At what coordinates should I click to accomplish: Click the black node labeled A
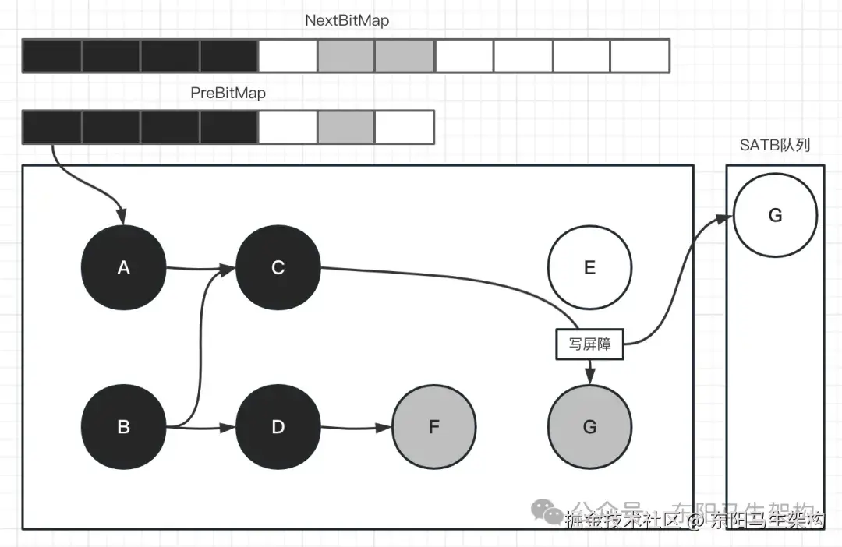click(x=123, y=268)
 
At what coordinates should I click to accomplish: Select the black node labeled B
click(x=123, y=427)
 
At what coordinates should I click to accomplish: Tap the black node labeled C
click(x=278, y=268)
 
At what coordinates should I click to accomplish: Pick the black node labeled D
click(x=278, y=427)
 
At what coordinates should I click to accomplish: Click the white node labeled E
click(x=589, y=268)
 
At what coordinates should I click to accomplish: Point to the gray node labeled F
click(x=433, y=427)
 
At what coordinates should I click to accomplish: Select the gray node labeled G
click(x=589, y=427)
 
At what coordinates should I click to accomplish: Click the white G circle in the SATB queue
click(x=775, y=216)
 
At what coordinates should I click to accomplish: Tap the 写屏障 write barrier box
click(x=589, y=344)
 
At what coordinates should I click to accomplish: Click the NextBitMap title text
click(x=347, y=21)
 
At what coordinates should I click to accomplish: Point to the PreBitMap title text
click(x=228, y=93)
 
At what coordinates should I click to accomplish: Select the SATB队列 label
click(x=775, y=146)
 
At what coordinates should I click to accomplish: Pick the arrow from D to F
click(x=356, y=427)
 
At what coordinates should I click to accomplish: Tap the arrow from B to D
click(x=201, y=427)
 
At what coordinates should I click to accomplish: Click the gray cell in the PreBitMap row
click(x=346, y=127)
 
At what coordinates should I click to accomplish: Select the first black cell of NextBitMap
click(x=52, y=55)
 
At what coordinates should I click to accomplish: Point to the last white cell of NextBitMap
click(x=640, y=55)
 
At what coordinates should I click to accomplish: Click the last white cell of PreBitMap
click(x=405, y=127)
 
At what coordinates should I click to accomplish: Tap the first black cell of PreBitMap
click(x=52, y=127)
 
